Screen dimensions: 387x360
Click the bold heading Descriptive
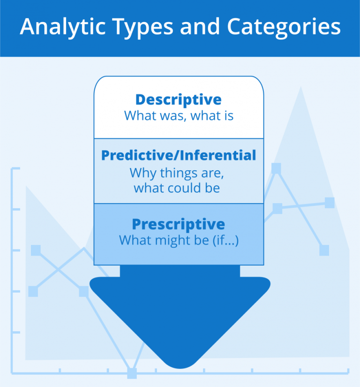click(179, 99)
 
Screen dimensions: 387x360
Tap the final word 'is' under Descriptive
click(227, 115)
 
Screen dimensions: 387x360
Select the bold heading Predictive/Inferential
click(179, 156)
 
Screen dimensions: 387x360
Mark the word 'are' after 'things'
click(214, 173)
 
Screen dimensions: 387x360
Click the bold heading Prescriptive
click(179, 224)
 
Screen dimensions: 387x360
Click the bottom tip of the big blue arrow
click(180, 366)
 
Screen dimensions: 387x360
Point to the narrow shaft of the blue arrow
click(180, 271)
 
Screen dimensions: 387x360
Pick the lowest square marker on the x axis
click(132, 373)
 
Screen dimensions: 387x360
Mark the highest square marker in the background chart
click(276, 168)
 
